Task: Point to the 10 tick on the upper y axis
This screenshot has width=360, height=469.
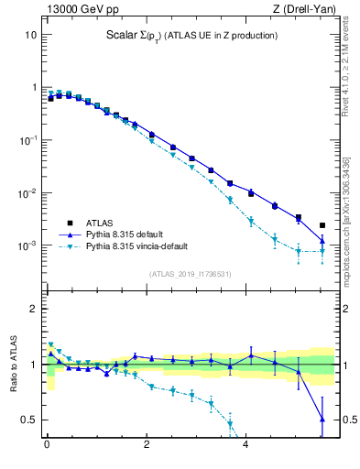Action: point(30,35)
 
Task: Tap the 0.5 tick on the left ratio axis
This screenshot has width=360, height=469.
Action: point(27,420)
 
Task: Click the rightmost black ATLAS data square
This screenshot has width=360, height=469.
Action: point(322,225)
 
